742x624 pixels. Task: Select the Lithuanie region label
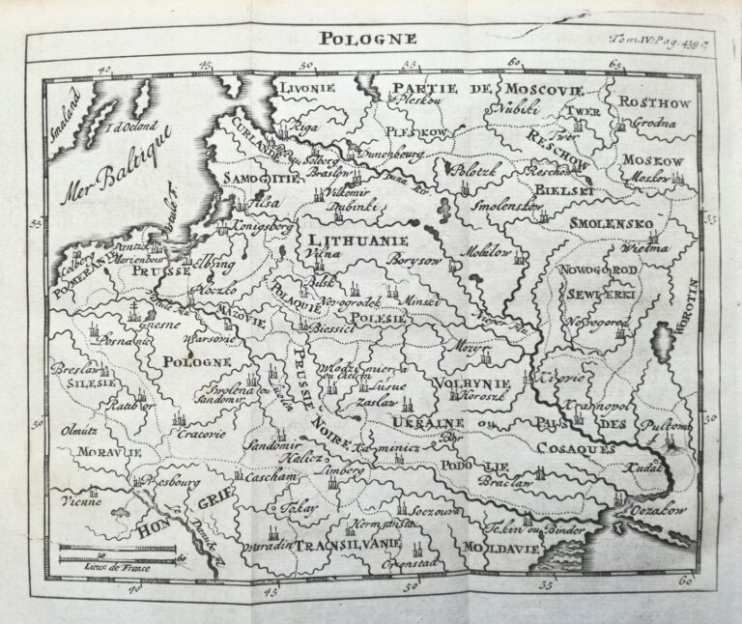(357, 238)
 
